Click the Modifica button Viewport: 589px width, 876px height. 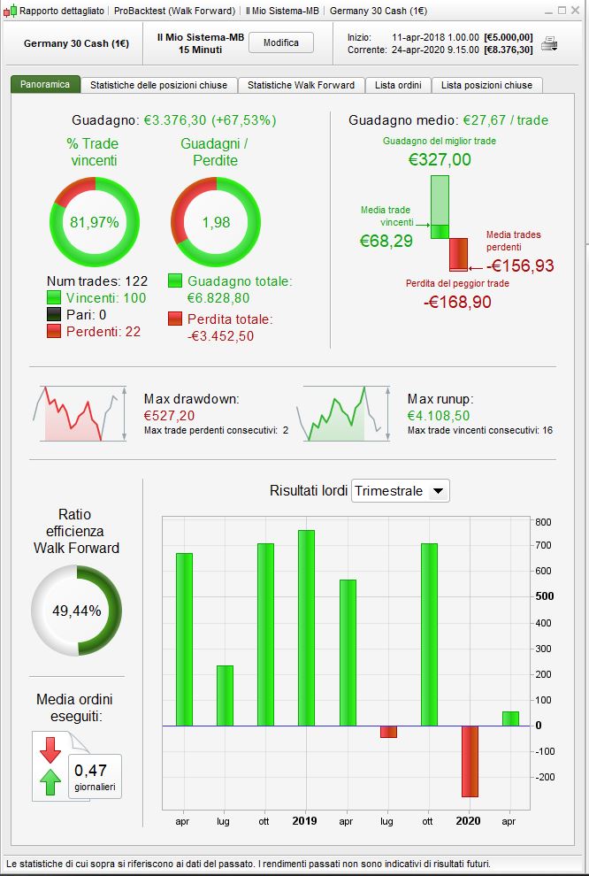coord(281,42)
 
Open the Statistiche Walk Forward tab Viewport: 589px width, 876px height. coord(301,85)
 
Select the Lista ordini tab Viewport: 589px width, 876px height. coord(397,85)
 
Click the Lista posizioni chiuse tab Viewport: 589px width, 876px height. coord(486,85)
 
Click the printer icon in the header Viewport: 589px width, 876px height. coord(549,42)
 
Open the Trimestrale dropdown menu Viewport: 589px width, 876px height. coord(401,491)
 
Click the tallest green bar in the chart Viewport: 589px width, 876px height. coord(306,627)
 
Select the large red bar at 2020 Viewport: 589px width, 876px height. coord(470,761)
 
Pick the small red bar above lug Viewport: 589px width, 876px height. coord(388,732)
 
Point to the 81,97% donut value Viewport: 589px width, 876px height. coord(94,222)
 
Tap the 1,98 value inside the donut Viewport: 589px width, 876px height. coord(216,222)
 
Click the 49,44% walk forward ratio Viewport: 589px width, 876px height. coord(76,611)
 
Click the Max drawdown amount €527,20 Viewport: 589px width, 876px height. coord(169,415)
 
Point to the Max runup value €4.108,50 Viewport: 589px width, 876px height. coord(439,415)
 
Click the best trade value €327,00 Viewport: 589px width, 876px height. coord(440,159)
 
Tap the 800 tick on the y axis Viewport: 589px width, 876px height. coord(543,522)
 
